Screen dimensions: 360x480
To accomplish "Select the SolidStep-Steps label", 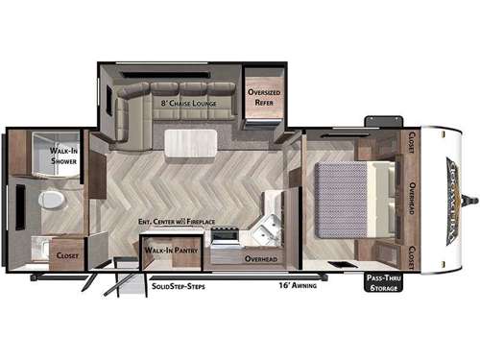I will click(x=179, y=285).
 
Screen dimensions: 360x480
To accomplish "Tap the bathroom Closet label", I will click(x=68, y=256).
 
